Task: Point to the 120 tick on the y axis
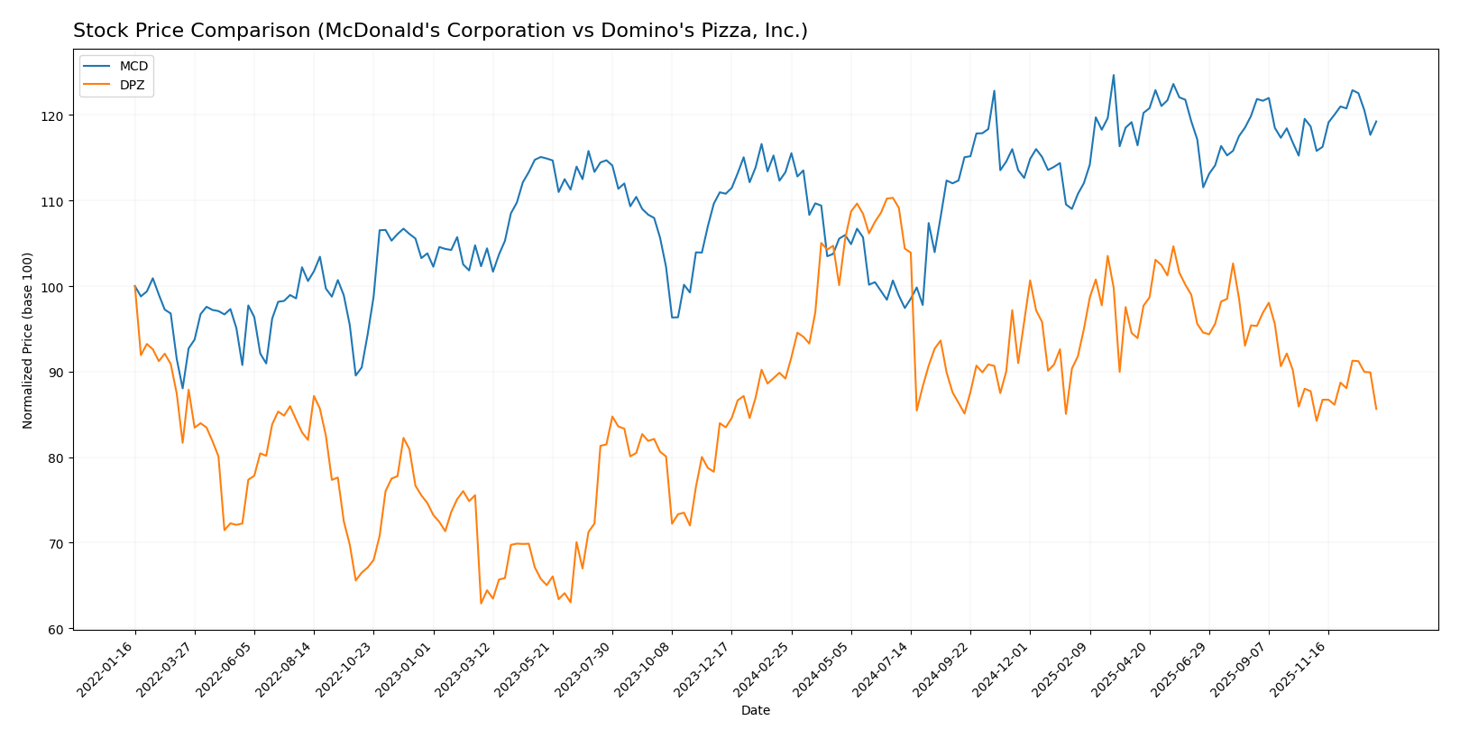tap(57, 116)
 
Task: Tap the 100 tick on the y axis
tap(57, 287)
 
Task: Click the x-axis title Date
tap(756, 711)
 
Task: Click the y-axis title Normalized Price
tap(28, 341)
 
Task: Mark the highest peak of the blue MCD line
tap(1113, 75)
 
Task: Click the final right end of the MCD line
tap(1376, 121)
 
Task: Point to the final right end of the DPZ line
tap(1376, 409)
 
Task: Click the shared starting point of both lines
tap(135, 287)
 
